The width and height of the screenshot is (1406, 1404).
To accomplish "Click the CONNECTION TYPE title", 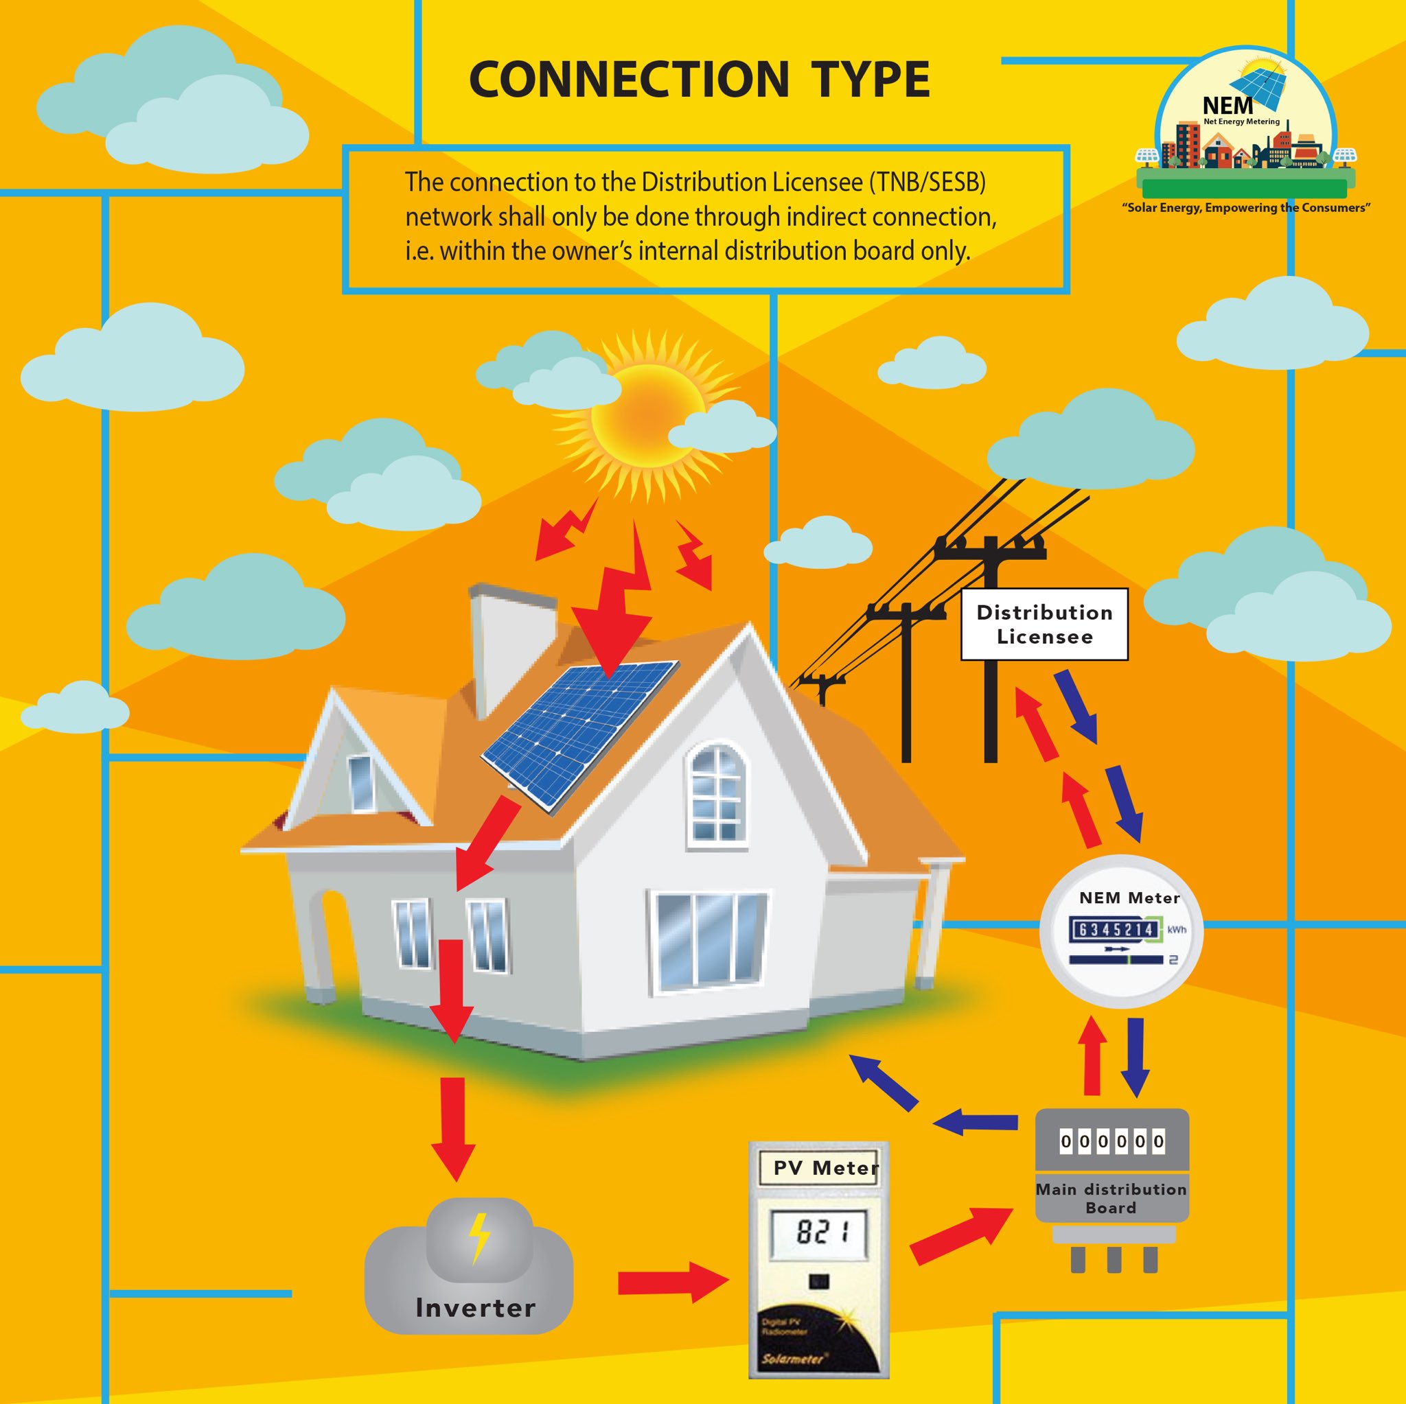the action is tap(700, 80).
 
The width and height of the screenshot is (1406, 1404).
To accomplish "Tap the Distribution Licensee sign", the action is tap(1044, 624).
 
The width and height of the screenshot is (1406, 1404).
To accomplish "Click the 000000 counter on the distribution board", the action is tap(1111, 1141).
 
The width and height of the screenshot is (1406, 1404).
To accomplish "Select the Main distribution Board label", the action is tap(1111, 1198).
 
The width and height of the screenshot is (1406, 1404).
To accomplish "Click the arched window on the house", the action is tap(717, 797).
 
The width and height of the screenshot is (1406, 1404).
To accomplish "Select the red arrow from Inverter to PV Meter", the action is tap(673, 1283).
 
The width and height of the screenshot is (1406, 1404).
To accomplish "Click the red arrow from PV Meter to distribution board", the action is tap(960, 1236).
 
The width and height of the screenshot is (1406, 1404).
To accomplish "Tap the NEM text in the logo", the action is tap(1228, 106).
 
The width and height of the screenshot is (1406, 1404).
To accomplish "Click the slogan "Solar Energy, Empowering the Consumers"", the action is tap(1245, 208).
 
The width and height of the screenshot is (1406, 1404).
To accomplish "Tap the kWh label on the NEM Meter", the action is tap(1177, 930).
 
